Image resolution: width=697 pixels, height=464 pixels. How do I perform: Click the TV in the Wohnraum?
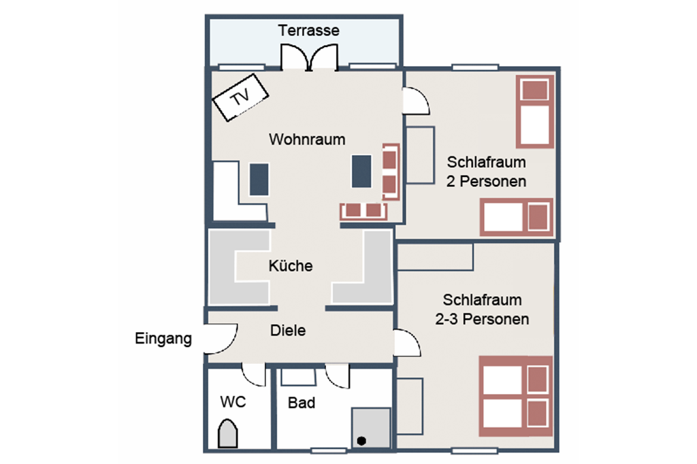click(x=240, y=97)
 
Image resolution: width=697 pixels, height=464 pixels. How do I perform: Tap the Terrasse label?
click(x=308, y=30)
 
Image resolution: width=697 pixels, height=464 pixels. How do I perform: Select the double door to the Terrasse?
click(x=310, y=57)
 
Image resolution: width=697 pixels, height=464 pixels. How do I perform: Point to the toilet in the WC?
click(x=227, y=433)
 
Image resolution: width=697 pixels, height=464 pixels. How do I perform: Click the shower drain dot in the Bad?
click(x=361, y=441)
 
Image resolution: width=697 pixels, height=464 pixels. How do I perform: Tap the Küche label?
click(x=290, y=266)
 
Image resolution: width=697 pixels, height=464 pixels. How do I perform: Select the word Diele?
click(x=288, y=331)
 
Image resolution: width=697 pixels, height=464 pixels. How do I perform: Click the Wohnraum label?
click(x=307, y=139)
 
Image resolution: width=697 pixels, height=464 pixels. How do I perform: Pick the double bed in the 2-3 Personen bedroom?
click(x=516, y=396)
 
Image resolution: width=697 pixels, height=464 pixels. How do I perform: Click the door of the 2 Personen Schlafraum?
click(x=417, y=101)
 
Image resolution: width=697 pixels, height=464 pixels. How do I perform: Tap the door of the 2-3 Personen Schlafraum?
click(x=407, y=343)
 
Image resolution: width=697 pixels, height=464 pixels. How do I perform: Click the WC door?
click(x=254, y=374)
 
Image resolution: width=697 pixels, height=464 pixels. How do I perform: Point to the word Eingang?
click(x=163, y=339)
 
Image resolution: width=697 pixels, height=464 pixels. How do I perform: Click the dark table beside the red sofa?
click(x=361, y=171)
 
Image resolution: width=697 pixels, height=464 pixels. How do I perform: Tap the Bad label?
click(x=302, y=403)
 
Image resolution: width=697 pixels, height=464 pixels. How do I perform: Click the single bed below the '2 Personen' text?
click(x=517, y=217)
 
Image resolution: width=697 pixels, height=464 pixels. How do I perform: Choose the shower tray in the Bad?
click(x=371, y=428)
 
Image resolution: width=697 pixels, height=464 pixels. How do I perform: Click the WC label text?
click(x=233, y=402)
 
